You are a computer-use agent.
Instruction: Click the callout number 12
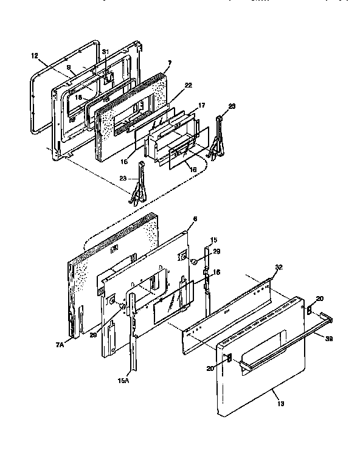(x=34, y=54)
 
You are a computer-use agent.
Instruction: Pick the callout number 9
(x=69, y=67)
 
